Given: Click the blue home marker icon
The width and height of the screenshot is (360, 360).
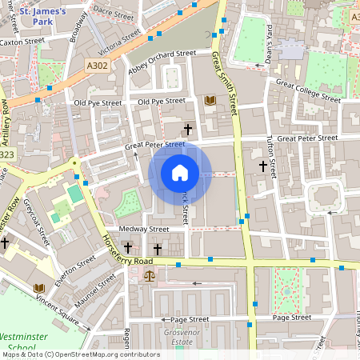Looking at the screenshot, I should pos(180,173).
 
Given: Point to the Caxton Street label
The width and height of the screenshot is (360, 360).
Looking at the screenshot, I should pos(22,42).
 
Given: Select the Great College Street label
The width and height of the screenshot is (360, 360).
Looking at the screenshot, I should pos(307,89).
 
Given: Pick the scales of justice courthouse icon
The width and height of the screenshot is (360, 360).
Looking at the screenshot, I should pos(150,274).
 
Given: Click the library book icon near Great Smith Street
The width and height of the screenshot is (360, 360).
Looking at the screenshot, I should pos(210,100).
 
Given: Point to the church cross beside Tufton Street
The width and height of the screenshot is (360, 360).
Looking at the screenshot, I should pos(262,166).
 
